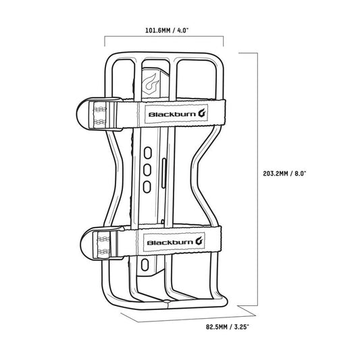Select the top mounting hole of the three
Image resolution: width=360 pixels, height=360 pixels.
(148, 153)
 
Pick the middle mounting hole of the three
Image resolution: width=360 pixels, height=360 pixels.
(148, 169)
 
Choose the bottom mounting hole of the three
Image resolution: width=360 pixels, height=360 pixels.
(148, 185)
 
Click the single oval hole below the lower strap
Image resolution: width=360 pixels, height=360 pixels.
(147, 267)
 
